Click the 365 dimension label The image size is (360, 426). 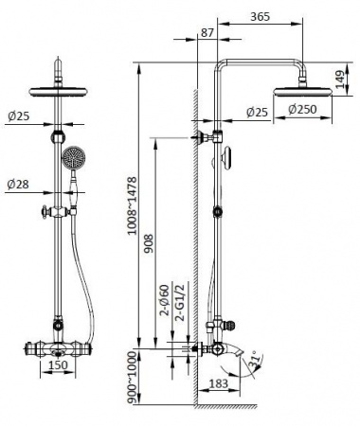point(261,17)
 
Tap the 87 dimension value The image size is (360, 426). point(207,33)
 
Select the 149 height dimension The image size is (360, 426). point(340,80)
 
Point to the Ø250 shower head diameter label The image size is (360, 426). point(302,110)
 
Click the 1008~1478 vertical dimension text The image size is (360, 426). point(133,205)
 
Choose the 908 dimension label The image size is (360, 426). point(149,243)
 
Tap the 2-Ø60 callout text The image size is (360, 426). point(165,300)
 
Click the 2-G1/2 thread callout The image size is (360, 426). point(180,302)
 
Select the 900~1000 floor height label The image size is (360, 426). point(133,378)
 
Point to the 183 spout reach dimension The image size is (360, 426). point(218,383)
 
